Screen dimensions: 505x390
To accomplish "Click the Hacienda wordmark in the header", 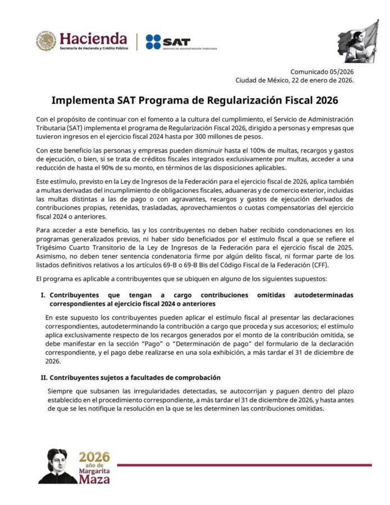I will click(93, 39).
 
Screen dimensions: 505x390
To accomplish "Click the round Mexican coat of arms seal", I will click(47, 41).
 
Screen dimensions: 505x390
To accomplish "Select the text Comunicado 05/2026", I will click(322, 71).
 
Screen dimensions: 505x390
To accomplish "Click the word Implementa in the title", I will click(79, 101).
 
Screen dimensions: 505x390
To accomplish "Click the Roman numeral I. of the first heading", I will click(43, 295).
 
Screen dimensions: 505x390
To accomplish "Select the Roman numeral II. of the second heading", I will click(43, 377).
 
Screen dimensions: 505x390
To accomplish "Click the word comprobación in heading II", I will click(194, 377).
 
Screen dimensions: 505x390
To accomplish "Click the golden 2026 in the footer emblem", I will click(94, 456).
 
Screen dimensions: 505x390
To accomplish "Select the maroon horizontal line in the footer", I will click(244, 465).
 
